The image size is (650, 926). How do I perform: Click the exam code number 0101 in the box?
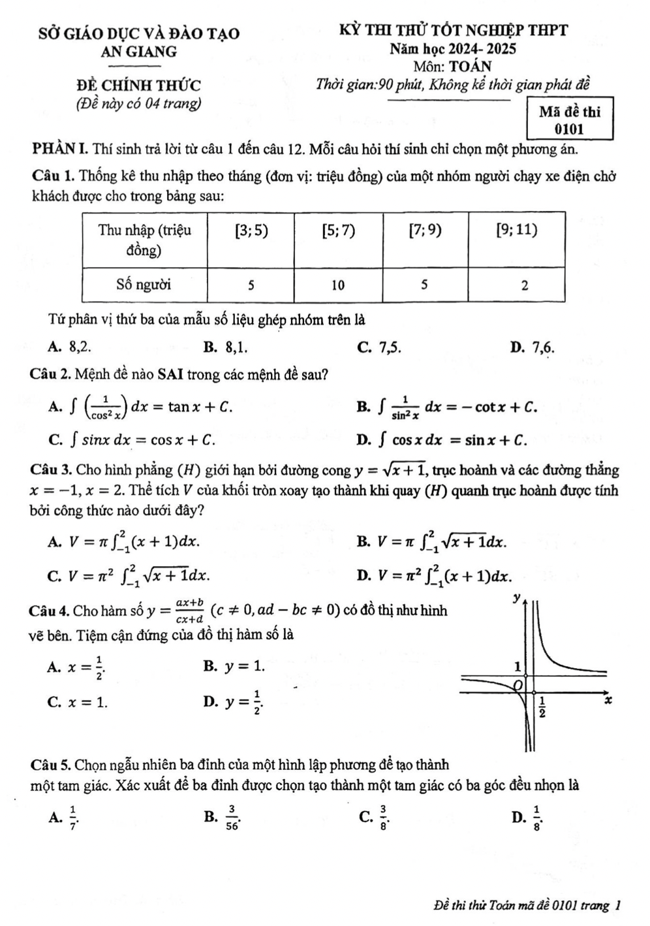pos(569,129)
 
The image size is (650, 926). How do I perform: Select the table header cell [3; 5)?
pos(251,231)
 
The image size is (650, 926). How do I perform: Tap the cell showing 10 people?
pos(337,285)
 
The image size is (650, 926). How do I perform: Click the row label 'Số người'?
pos(144,285)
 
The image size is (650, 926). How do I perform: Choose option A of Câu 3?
pos(124,541)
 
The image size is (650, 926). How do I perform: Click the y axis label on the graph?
pos(518,597)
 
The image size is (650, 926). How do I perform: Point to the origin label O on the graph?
pos(519,684)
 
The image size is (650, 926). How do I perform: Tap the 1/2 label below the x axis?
pos(542,707)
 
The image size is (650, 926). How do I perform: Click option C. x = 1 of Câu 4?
pos(78,702)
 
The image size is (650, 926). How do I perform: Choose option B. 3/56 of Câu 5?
pos(223,816)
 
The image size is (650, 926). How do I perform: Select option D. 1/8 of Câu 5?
pos(528,816)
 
